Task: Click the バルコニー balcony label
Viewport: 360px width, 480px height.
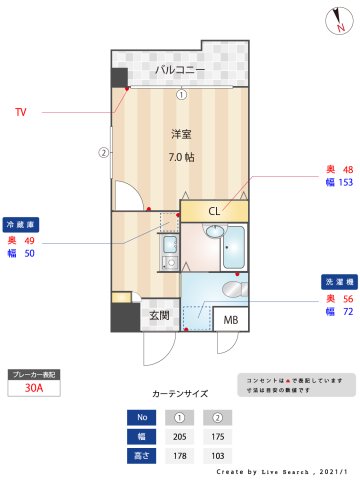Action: pos(179,70)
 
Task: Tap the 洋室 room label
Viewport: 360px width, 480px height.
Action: pos(181,134)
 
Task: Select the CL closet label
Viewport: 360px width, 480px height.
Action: pos(214,211)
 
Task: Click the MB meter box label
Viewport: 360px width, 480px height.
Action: pos(230,320)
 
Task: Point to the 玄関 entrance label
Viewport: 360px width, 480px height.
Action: pos(159,315)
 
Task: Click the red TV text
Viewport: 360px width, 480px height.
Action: pos(21,112)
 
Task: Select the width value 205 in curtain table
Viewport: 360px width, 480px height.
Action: pos(181,435)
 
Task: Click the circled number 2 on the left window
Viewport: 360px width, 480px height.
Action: pos(102,153)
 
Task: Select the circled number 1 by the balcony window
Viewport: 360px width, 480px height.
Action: pos(181,95)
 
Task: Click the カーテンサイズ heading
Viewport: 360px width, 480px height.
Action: pos(180,394)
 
